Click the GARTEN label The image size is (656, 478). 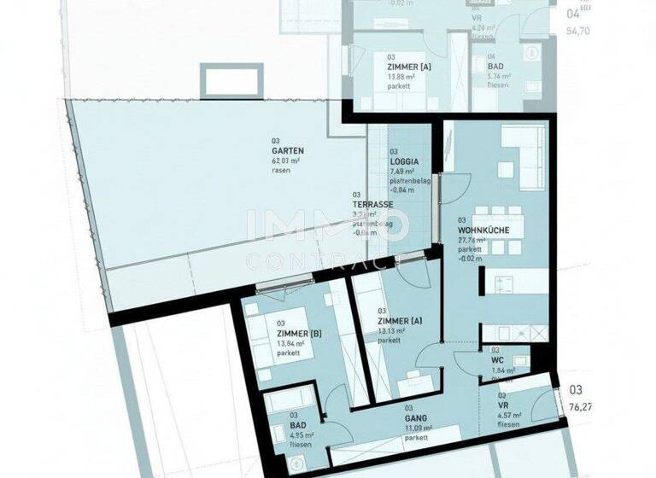(x=288, y=150)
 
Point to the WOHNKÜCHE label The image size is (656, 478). (x=483, y=229)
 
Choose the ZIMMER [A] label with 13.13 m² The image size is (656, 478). (x=399, y=320)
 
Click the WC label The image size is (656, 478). (x=498, y=360)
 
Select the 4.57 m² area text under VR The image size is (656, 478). (x=510, y=417)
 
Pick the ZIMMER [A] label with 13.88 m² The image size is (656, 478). (x=407, y=66)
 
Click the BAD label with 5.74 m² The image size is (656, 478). (x=495, y=66)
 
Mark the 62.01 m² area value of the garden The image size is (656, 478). (x=285, y=160)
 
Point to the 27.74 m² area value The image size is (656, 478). (x=471, y=241)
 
